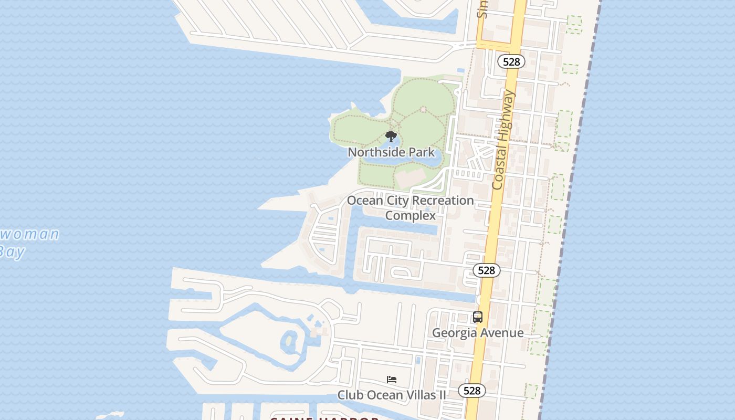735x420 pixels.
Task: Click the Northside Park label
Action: (x=391, y=152)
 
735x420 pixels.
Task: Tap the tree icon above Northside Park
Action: (x=391, y=136)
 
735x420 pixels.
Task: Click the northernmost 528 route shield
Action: (x=511, y=62)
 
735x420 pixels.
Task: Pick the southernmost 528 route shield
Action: (x=472, y=391)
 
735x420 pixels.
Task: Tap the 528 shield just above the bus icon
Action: (x=487, y=270)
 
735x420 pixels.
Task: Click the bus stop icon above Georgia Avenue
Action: (x=477, y=317)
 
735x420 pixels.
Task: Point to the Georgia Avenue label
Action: (x=477, y=333)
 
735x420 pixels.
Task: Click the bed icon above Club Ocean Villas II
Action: (x=392, y=380)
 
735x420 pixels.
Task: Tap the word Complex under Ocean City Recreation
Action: (x=411, y=215)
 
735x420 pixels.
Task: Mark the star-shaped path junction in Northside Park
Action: (x=423, y=110)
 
